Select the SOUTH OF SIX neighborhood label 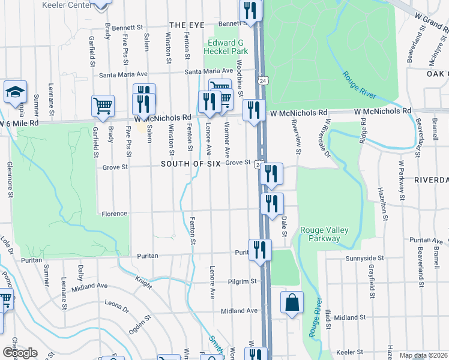tap(190, 163)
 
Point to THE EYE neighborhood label tap(187, 25)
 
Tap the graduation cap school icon tap(15, 92)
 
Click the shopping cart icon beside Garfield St tap(103, 106)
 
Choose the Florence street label tap(114, 214)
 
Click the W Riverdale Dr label tap(325, 138)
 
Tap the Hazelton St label tap(382, 204)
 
